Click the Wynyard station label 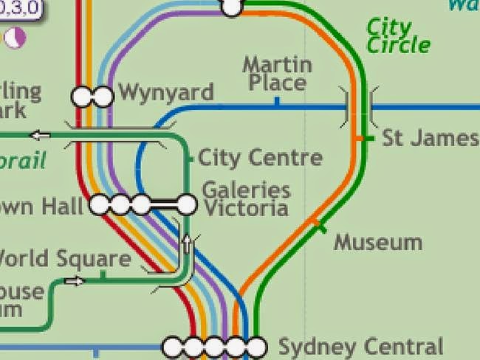click(x=165, y=93)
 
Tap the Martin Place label click(x=277, y=73)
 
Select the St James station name click(x=430, y=138)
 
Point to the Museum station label click(x=378, y=243)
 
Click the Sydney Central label click(x=360, y=347)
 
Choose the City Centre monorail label click(x=260, y=157)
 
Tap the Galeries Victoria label click(x=246, y=199)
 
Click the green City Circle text click(x=398, y=36)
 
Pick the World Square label click(x=65, y=259)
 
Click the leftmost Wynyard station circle click(x=81, y=96)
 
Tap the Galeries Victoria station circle click(x=187, y=204)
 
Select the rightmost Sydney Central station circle click(x=256, y=345)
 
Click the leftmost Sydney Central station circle click(x=173, y=345)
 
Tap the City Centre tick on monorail click(x=191, y=157)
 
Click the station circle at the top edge click(x=233, y=7)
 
